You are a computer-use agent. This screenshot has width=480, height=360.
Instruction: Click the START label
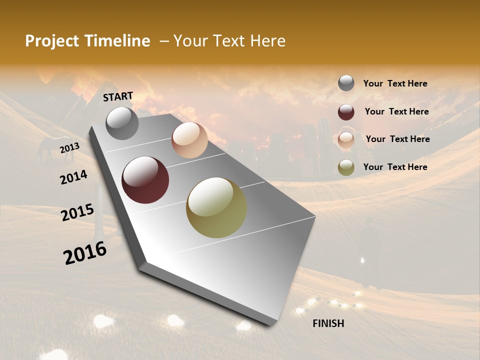(x=118, y=96)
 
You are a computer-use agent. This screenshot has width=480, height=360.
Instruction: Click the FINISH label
(x=328, y=323)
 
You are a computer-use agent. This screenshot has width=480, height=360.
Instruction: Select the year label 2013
(x=69, y=147)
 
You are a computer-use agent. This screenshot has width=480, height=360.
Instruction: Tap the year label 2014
(x=73, y=177)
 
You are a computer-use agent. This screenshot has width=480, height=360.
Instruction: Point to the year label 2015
(x=77, y=212)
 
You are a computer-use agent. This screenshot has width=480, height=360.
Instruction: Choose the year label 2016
(x=85, y=252)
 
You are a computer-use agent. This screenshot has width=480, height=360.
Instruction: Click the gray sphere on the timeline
(x=122, y=123)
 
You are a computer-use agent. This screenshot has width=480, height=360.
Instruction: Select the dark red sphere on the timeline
(x=145, y=180)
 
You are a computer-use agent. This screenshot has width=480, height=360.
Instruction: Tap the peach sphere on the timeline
(x=189, y=140)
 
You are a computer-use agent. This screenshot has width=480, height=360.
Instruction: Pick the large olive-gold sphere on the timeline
(x=216, y=207)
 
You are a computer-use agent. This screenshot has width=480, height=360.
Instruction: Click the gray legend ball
(x=346, y=83)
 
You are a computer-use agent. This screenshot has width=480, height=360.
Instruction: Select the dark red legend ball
(x=346, y=112)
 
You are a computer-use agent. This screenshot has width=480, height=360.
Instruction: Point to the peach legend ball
(x=346, y=140)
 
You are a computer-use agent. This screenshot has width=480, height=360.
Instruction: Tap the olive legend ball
(x=346, y=167)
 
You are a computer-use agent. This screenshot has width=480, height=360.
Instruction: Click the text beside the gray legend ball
(x=395, y=83)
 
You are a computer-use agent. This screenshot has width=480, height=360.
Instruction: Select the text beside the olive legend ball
(x=395, y=167)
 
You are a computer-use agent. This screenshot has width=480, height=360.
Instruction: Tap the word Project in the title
(x=51, y=41)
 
